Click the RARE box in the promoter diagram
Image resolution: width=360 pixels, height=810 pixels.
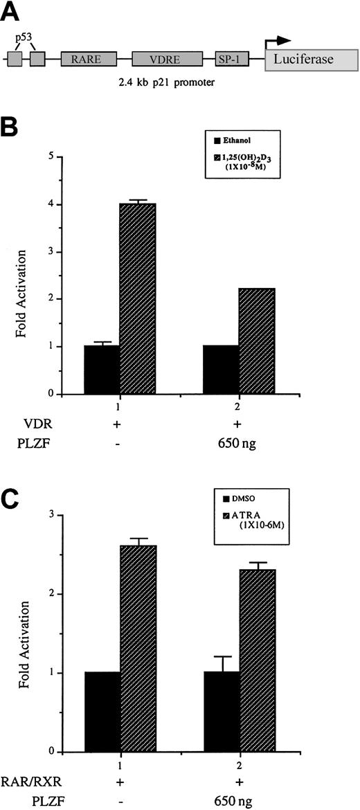89,60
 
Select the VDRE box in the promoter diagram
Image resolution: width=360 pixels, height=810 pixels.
167,60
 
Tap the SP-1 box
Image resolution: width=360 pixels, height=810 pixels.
232,60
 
